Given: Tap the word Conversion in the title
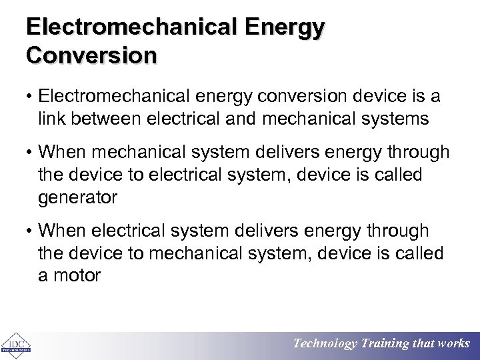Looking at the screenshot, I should [92, 54].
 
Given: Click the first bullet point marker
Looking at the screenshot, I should [31, 97].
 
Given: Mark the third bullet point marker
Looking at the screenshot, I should [31, 231].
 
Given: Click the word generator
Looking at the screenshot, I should [78, 198].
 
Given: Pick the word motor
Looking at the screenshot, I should [77, 275].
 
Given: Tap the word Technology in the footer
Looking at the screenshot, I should [325, 344].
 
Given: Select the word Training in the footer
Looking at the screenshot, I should [385, 344].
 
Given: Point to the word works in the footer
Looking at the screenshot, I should [454, 344].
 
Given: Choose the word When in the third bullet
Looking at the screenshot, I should [63, 231].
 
